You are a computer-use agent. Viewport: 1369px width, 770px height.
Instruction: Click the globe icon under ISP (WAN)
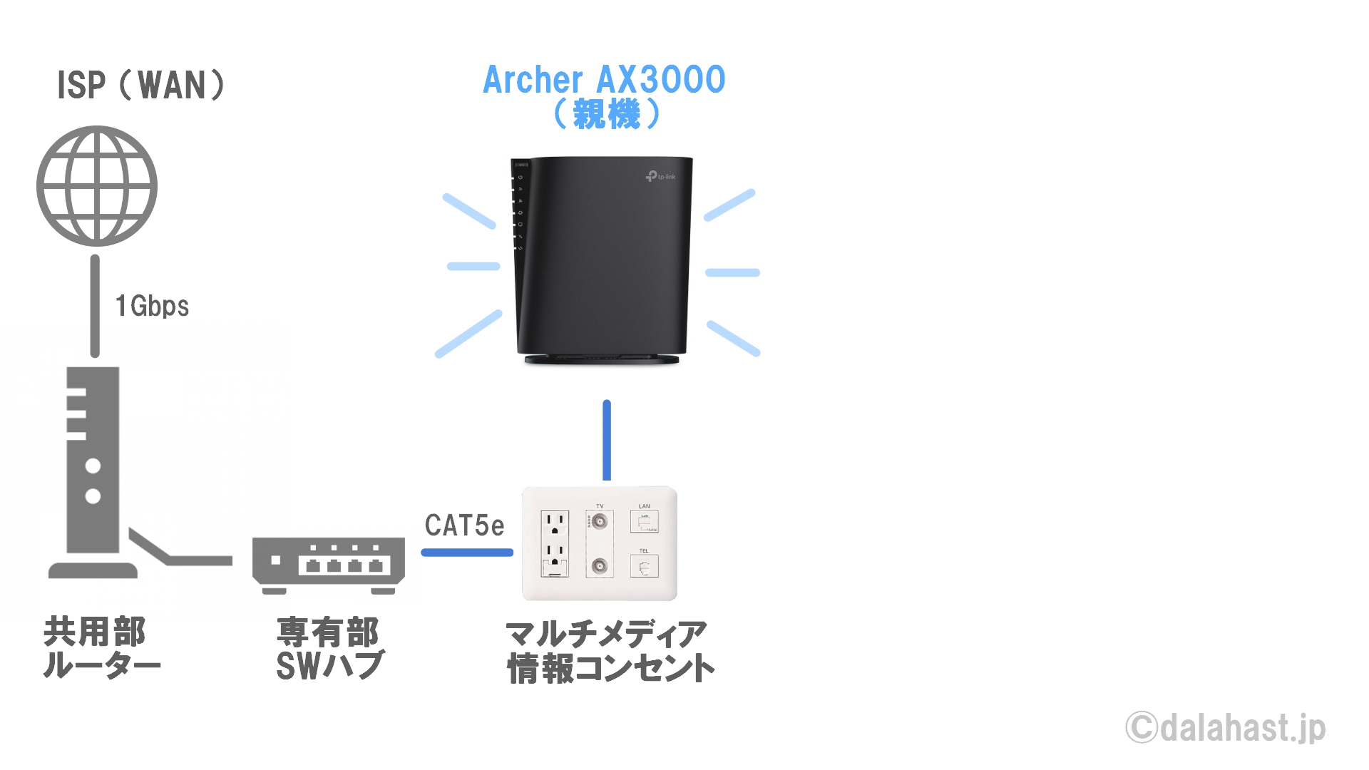click(97, 186)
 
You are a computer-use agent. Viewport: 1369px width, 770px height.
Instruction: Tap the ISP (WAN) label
click(141, 85)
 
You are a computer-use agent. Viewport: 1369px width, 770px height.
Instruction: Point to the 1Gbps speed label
click(153, 306)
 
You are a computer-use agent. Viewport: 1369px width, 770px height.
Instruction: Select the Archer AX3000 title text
click(605, 79)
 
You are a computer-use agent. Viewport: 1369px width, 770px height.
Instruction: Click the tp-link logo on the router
click(660, 176)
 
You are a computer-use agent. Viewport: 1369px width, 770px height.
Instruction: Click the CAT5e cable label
click(465, 525)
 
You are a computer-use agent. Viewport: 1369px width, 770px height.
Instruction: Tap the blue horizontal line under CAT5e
click(467, 552)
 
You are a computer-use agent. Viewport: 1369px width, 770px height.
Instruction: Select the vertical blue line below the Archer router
click(607, 440)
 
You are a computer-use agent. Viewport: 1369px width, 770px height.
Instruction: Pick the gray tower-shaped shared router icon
click(93, 472)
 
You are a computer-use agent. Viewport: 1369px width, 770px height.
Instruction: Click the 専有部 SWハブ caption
click(329, 649)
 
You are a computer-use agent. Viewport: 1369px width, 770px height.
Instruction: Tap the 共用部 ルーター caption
click(102, 647)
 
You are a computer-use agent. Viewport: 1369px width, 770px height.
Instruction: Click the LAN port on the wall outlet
click(644, 522)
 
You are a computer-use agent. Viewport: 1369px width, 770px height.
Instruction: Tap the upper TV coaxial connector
click(600, 521)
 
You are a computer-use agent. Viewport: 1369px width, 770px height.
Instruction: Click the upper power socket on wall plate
click(555, 524)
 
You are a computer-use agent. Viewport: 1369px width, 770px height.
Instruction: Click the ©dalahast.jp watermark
click(1226, 728)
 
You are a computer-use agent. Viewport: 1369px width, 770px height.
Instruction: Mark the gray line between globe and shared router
click(95, 306)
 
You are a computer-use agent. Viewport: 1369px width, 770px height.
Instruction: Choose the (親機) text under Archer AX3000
click(607, 114)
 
